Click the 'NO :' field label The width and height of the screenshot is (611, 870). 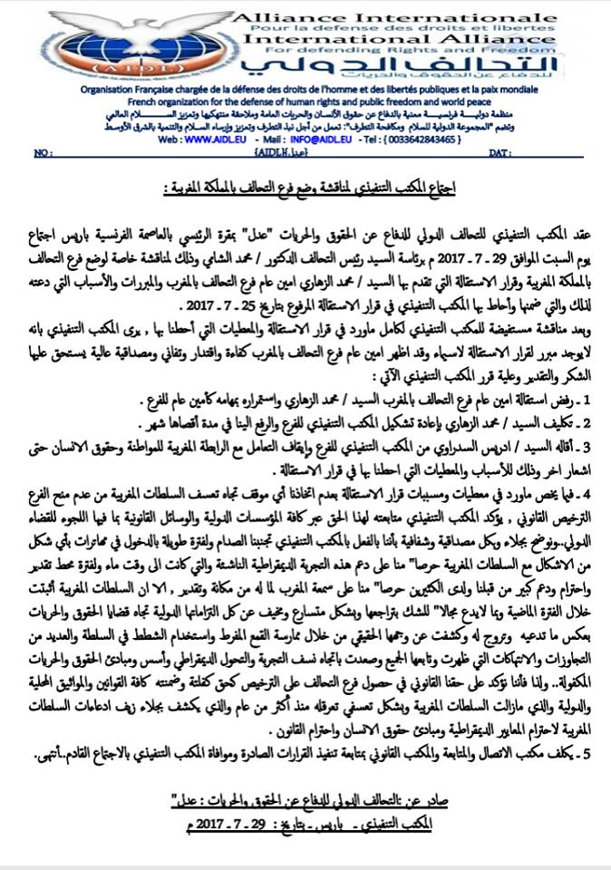[43, 155]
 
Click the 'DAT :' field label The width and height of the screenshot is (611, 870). [502, 155]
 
